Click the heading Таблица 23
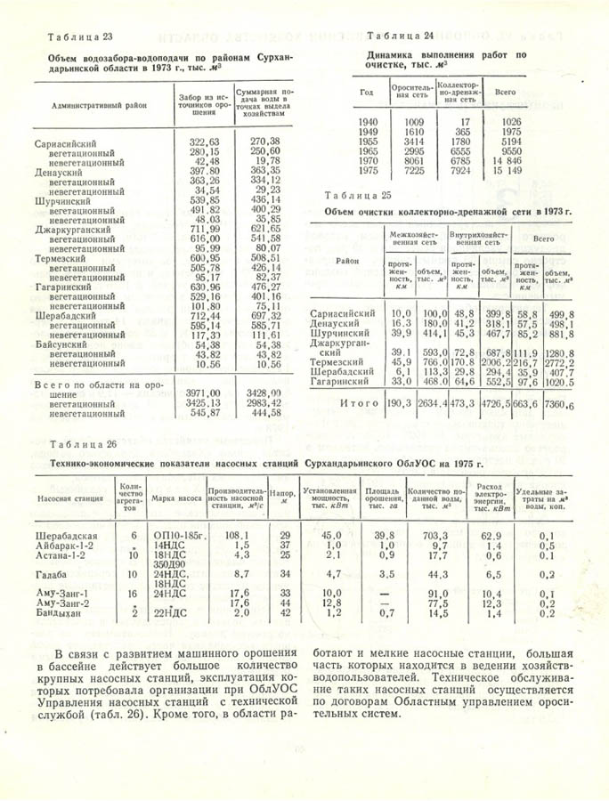[78, 36]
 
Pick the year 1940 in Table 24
[367, 121]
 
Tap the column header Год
[367, 92]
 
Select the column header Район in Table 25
[348, 261]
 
